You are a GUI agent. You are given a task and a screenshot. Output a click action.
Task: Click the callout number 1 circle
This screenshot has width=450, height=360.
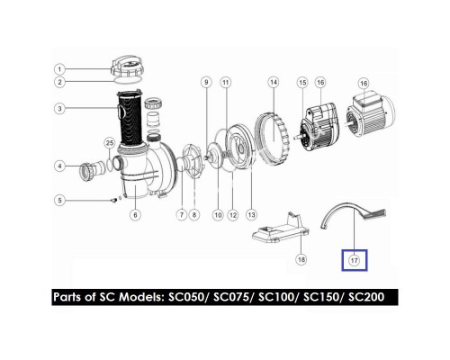pyautogui.click(x=59, y=69)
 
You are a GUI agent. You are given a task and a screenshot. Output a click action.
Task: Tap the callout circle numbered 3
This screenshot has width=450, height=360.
pyautogui.click(x=59, y=110)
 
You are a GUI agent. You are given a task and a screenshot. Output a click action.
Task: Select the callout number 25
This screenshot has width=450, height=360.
pyautogui.click(x=109, y=143)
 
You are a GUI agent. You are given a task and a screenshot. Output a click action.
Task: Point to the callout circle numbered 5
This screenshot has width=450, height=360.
pyautogui.click(x=59, y=200)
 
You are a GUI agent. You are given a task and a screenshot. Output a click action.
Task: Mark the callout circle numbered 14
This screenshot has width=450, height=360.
pyautogui.click(x=271, y=82)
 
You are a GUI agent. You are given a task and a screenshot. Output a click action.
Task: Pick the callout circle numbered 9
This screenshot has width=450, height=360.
pyautogui.click(x=206, y=83)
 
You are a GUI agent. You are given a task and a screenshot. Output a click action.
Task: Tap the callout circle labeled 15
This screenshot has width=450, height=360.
pyautogui.click(x=301, y=83)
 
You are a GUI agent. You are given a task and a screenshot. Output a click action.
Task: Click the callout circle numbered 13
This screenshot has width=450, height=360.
pyautogui.click(x=251, y=214)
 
